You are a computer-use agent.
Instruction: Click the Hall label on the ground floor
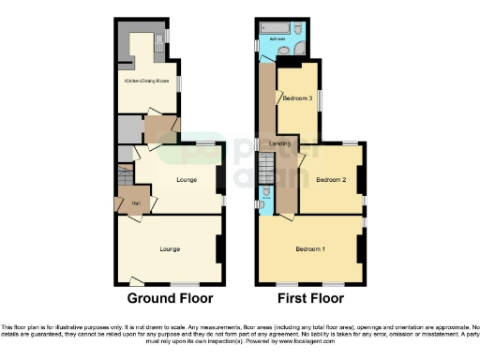136,202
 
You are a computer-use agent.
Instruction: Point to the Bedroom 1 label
310,248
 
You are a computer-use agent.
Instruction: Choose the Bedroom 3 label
297,98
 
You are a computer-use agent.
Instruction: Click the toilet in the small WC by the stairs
265,192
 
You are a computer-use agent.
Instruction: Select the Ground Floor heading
170,299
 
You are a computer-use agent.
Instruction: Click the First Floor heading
310,299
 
